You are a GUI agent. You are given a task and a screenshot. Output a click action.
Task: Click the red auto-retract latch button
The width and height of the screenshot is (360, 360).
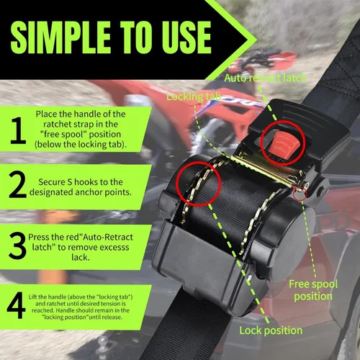283,145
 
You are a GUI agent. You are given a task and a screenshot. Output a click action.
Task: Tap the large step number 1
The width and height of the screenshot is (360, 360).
18,130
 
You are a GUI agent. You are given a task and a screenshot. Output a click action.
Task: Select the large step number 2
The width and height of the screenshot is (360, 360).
17,185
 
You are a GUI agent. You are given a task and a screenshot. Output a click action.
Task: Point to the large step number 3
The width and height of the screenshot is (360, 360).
17,246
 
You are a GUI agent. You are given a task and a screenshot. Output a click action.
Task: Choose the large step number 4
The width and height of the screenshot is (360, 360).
16,305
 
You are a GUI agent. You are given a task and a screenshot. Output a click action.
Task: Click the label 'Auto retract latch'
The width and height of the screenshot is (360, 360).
266,78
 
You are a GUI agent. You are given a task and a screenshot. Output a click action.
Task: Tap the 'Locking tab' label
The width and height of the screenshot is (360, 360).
194,96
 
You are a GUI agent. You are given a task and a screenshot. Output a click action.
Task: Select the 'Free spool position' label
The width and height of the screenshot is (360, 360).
313,290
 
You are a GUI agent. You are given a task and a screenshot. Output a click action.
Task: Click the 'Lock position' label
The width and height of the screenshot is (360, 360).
271,330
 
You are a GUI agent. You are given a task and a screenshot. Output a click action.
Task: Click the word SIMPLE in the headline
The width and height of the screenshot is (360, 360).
60,37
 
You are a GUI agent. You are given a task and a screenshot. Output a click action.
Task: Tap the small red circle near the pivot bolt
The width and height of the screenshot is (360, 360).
300,194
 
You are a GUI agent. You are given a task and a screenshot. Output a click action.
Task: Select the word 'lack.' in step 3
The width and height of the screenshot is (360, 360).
81,257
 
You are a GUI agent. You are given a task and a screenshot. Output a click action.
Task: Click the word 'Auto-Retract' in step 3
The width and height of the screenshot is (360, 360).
108,237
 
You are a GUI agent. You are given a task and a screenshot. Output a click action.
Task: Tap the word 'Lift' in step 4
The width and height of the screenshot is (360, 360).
33,297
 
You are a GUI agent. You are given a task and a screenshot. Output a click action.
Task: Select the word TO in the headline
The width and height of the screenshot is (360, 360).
136,37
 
